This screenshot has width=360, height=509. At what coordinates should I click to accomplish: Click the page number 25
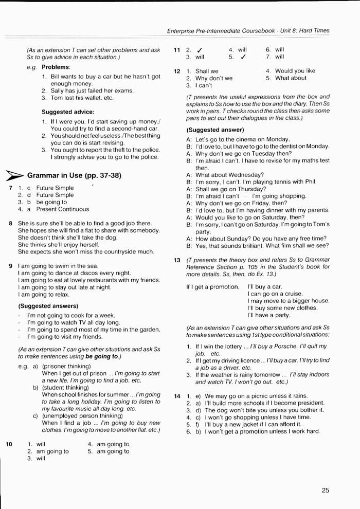325,490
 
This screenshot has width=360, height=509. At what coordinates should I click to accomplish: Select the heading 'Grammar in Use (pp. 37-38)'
74,176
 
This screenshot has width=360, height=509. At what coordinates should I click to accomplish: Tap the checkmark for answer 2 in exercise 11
198,50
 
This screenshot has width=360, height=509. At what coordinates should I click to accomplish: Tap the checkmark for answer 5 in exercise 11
243,58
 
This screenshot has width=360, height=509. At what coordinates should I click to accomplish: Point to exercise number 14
177,396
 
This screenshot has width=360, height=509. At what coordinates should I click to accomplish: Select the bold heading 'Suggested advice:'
68,112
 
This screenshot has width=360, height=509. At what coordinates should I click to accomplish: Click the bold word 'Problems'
56,67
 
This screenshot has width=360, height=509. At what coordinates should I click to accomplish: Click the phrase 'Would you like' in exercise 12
295,71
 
